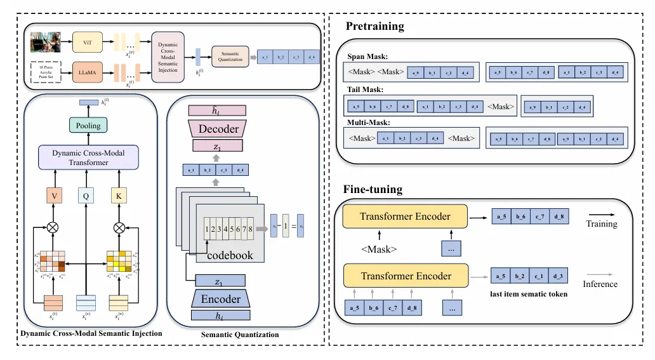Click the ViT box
tap(88, 41)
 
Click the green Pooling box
tap(88, 126)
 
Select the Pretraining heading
tap(374, 27)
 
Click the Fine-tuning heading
tap(373, 189)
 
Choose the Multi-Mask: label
tap(366, 123)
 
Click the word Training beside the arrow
tap(601, 224)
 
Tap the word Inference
tap(600, 284)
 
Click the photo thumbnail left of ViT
tap(45, 42)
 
